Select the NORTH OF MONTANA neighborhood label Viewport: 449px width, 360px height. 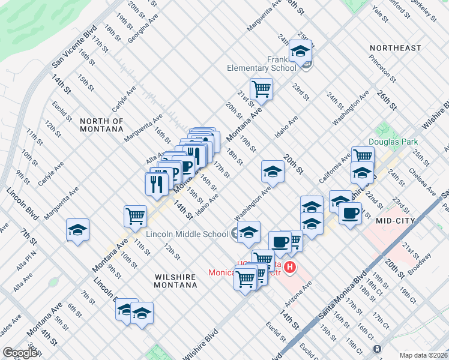[x=101, y=125]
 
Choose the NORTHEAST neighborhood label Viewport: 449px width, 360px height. [x=396, y=48]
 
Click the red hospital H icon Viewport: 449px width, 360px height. [x=290, y=267]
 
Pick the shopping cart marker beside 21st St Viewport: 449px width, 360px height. [x=261, y=89]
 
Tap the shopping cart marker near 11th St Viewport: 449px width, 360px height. [x=135, y=215]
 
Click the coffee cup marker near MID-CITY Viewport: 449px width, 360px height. [x=350, y=212]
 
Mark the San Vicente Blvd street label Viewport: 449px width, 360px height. [x=74, y=46]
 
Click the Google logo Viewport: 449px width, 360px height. [x=21, y=353]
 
